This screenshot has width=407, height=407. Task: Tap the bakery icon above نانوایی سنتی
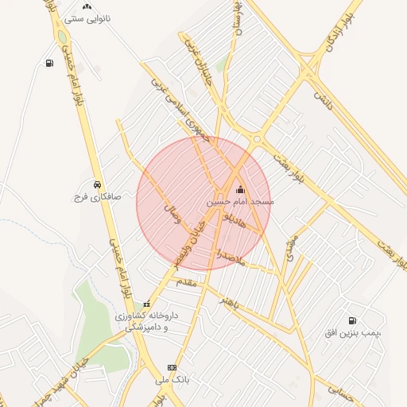pos(87,6)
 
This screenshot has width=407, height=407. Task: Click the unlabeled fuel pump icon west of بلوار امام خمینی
pos(50,64)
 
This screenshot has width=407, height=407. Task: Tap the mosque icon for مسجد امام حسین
pos(241,190)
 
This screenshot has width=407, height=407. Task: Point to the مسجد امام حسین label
pos(240,203)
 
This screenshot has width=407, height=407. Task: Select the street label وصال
pos(172,214)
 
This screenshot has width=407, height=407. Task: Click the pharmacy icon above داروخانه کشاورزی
pos(146,304)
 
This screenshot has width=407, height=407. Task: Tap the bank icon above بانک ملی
pos(171,367)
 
